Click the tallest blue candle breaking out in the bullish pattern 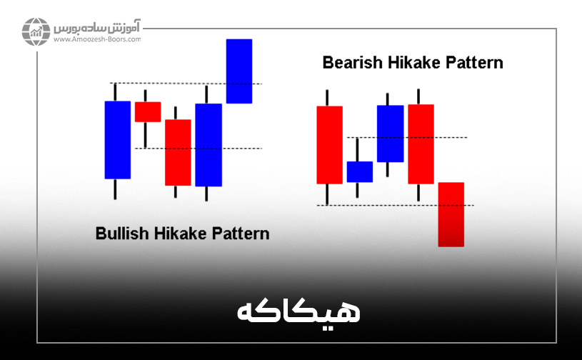point(239,71)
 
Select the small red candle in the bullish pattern point(148,111)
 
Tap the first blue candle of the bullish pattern point(118,139)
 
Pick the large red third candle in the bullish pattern point(178,152)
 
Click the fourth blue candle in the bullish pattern point(208,144)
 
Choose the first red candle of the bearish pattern point(329,145)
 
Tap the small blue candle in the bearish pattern point(359,171)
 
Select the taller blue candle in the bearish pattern point(390,134)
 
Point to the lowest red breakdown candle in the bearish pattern point(451,214)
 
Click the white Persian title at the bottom point(298,312)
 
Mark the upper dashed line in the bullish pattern point(186,84)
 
